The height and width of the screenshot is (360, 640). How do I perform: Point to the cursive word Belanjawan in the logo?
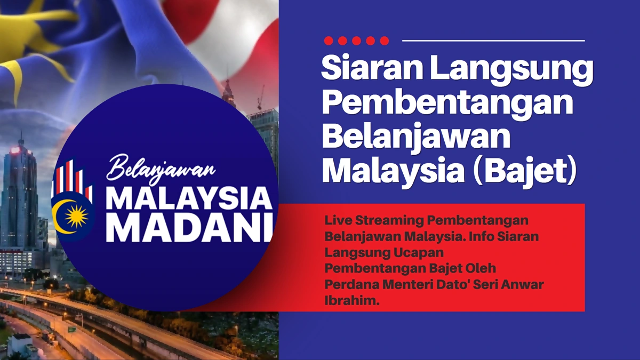tap(161, 169)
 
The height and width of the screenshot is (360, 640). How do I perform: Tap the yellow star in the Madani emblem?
tap(77, 216)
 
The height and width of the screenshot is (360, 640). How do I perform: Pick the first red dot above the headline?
tap(329, 41)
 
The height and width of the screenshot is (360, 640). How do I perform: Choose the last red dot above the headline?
tap(385, 41)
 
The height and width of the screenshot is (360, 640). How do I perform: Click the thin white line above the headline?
tap(493, 41)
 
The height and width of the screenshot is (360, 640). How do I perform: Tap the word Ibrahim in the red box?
tap(352, 300)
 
